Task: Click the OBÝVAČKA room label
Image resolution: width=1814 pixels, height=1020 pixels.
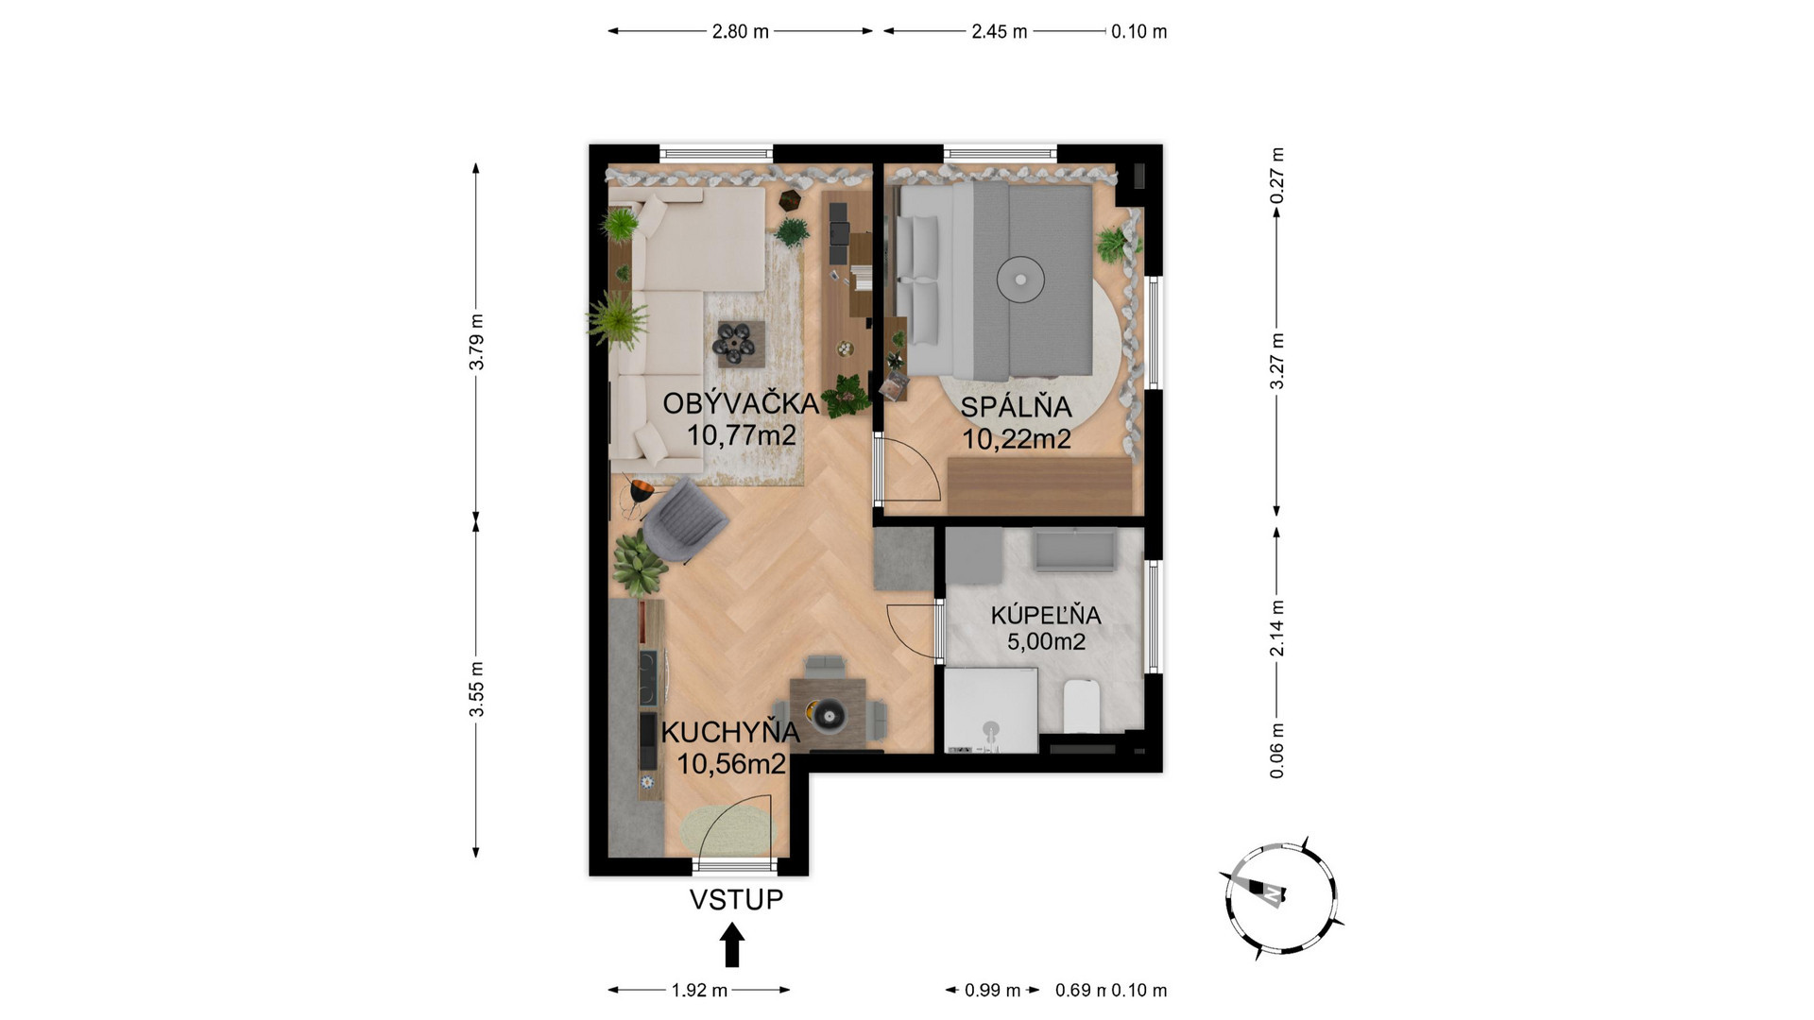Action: coord(741,403)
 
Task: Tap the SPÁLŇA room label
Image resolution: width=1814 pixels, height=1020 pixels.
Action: coord(1016,407)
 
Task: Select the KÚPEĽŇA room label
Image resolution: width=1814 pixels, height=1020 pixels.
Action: coord(1046,615)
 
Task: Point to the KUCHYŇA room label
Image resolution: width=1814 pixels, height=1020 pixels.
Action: coord(730,732)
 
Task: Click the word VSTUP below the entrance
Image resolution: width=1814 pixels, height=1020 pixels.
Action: coord(736,899)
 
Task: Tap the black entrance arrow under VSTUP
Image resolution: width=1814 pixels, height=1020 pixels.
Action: coord(732,944)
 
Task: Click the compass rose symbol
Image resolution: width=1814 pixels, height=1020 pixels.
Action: coord(1281,897)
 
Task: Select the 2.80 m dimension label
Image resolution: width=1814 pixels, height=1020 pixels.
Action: coord(741,31)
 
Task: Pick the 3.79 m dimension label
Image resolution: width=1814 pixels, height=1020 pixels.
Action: coord(477,342)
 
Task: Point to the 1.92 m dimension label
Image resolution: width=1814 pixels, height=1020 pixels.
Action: coord(699,990)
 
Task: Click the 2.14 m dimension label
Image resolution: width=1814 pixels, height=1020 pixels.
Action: coord(1276,628)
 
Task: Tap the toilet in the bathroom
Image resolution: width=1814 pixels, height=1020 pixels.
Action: coord(1083,706)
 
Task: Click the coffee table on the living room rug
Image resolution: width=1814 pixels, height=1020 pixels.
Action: coord(740,343)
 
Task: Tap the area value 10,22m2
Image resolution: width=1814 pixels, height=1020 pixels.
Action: coord(1017,439)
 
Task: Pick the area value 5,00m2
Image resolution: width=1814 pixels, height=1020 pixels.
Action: coord(1046,642)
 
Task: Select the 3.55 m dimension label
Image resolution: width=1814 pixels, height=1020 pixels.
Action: coord(477,688)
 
